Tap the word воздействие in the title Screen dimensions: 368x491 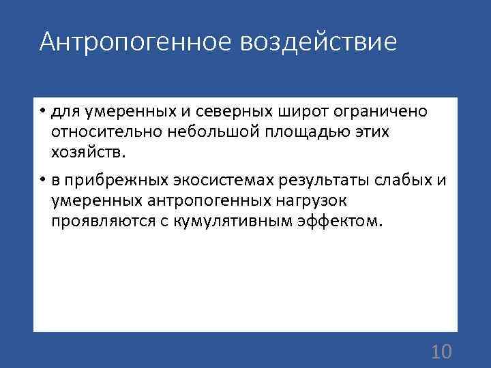(x=318, y=42)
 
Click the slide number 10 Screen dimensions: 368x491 (x=442, y=351)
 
